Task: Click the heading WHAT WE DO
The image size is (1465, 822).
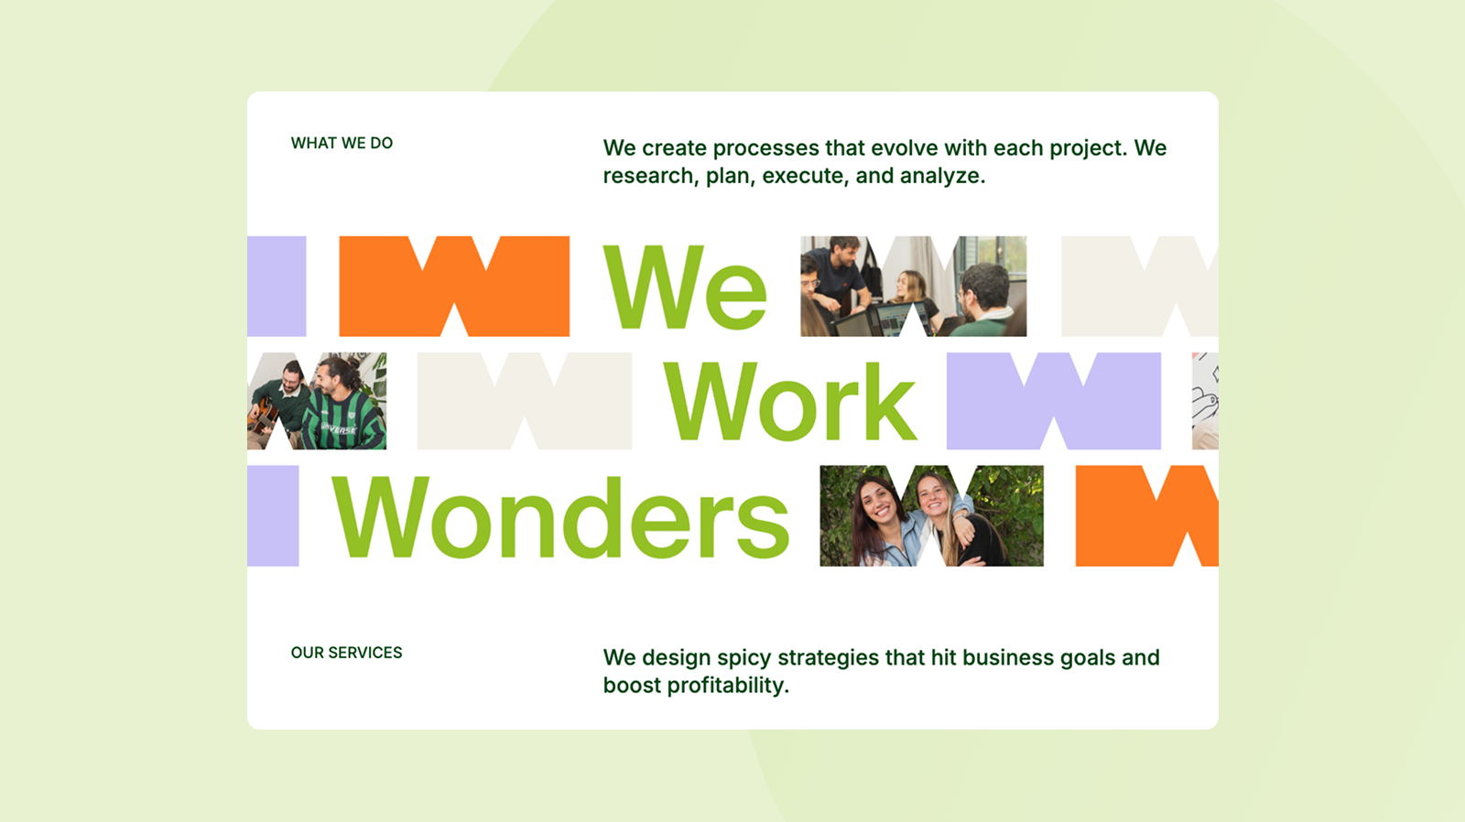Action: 342,143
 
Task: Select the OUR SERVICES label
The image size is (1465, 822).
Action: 347,653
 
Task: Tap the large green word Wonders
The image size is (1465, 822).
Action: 561,517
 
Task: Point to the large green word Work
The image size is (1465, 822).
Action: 790,402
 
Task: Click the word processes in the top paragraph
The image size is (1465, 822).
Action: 765,148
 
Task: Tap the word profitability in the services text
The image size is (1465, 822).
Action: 729,686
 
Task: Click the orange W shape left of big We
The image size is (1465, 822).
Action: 454,286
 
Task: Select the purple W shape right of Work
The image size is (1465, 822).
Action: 1054,401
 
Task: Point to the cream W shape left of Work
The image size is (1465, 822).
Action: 525,401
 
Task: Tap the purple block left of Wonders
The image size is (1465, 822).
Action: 273,515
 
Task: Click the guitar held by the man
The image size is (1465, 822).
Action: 264,416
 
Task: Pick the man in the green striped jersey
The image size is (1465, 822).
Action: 342,404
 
